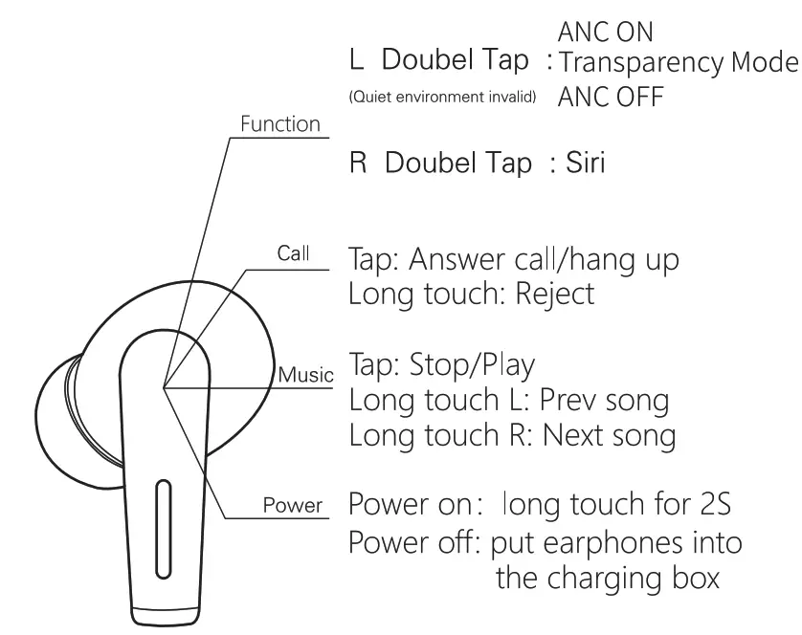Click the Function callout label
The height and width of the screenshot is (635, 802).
click(x=279, y=125)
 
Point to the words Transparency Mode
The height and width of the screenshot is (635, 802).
click(x=678, y=63)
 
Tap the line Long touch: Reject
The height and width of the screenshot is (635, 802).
click(x=471, y=293)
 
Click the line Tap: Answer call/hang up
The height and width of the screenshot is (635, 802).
click(x=514, y=259)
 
